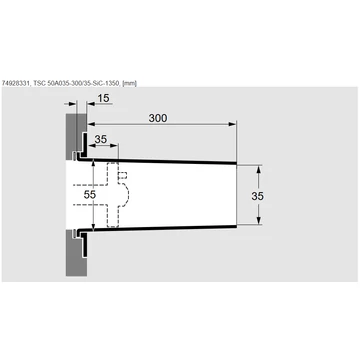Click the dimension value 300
[158, 118]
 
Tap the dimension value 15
[103, 98]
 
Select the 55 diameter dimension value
[90, 195]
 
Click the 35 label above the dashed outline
[101, 139]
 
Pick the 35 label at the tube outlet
[257, 196]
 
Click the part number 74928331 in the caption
[15, 83]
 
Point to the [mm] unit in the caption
[130, 83]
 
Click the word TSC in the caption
[38, 83]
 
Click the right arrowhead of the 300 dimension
[232, 124]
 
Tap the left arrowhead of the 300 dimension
[91, 124]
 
